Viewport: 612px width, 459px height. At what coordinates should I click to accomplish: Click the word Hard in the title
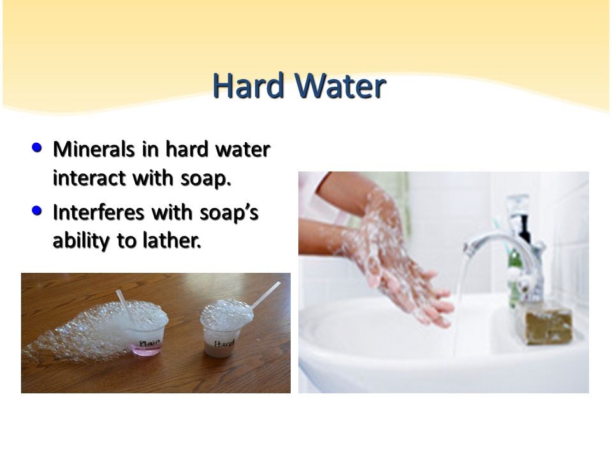tap(248, 85)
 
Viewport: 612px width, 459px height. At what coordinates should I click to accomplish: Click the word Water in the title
tap(340, 85)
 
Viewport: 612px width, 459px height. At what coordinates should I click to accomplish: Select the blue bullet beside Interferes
tap(37, 211)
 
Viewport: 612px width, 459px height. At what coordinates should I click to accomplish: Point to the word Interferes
tap(99, 213)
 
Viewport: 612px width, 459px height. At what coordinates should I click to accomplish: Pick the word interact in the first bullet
tap(90, 178)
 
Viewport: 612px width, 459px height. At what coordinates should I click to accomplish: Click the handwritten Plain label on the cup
tap(150, 343)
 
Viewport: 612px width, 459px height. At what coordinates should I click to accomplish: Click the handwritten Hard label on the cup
tap(224, 344)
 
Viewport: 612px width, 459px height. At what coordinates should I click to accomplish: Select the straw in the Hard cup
tap(266, 295)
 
